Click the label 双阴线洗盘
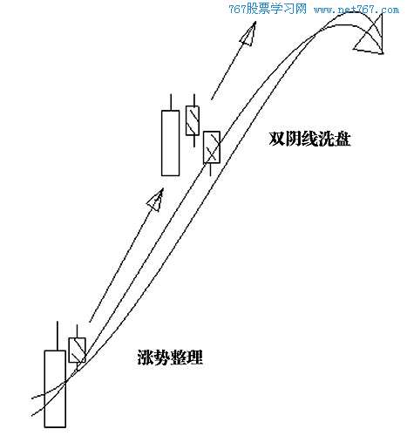click(x=309, y=140)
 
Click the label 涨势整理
click(x=170, y=357)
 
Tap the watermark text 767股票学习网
click(x=268, y=9)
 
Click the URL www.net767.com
click(x=356, y=10)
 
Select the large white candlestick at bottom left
click(x=55, y=389)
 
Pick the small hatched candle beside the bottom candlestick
click(x=77, y=350)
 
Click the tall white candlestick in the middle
click(x=171, y=143)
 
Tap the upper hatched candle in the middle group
click(x=193, y=120)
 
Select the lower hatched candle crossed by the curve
click(x=212, y=147)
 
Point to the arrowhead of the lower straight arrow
click(x=156, y=201)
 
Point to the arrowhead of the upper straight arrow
click(x=248, y=34)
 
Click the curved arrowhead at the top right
click(x=370, y=37)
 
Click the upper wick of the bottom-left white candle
click(x=58, y=336)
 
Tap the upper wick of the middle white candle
click(x=171, y=102)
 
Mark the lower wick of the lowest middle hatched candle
click(x=210, y=169)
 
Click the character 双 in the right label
click(x=276, y=140)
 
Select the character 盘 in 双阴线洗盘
click(x=343, y=140)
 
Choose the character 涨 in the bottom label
click(x=146, y=357)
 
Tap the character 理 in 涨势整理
click(x=195, y=357)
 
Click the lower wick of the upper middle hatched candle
click(x=193, y=141)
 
